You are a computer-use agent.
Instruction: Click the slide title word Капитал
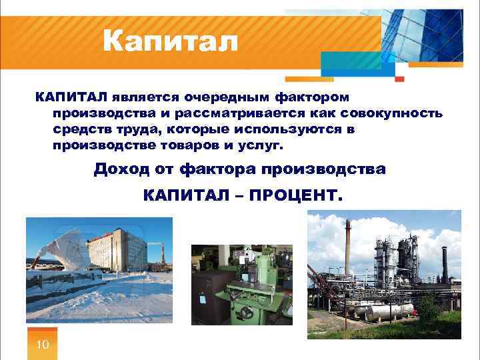tap(170, 43)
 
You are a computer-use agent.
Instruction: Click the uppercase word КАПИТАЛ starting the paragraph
tap(71, 97)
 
